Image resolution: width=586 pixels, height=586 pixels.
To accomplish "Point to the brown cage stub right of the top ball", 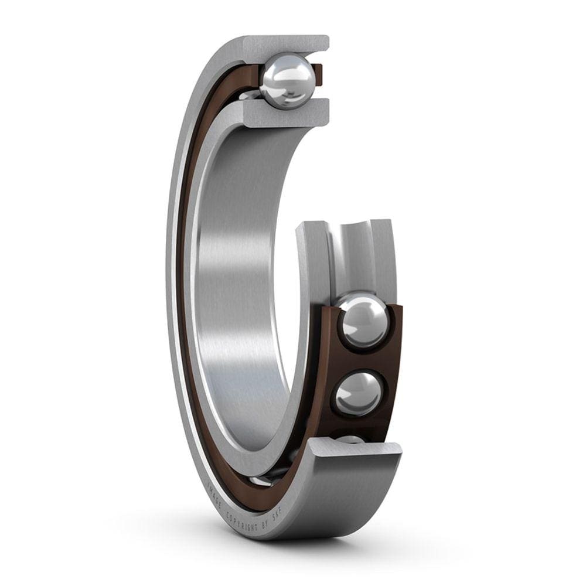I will pos(318,73).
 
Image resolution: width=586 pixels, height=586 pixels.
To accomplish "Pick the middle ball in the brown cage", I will pos(358,393).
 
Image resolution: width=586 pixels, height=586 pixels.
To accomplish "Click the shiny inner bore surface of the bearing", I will pos(234,293).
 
